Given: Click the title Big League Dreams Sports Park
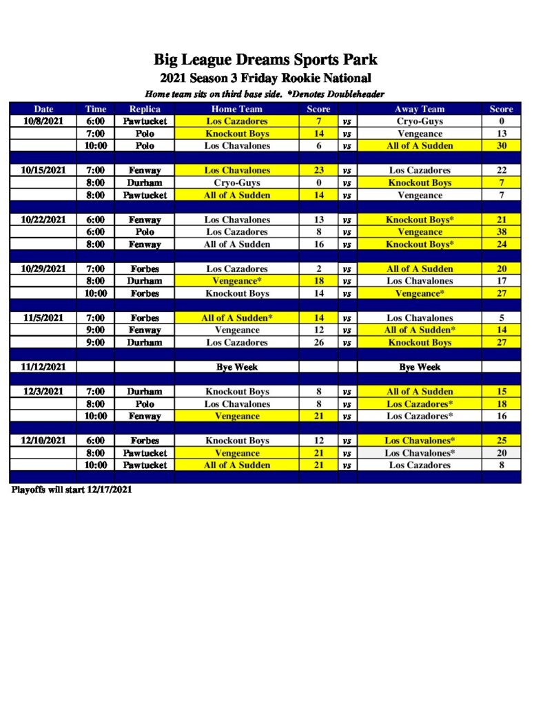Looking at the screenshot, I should pos(266,60).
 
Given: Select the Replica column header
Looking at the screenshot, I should pos(145,109).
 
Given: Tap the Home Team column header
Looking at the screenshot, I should pos(236,109).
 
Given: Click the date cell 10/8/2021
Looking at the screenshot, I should pos(43,121).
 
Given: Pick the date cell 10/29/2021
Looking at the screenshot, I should pos(43,269).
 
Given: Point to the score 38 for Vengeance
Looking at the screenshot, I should pos(501,232).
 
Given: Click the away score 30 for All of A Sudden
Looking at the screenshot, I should pos(501,146).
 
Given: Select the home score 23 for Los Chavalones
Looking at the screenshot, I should pos(318,170).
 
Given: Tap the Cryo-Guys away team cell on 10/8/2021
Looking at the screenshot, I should pos(420,121).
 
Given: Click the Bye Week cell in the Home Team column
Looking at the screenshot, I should pos(236,367).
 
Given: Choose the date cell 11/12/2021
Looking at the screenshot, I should pos(43,367).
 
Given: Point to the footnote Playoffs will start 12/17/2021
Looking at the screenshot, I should pos(72,490).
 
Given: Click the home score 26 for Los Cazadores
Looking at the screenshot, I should pos(318,342).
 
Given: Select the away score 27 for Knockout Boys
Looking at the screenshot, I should pos(501,342).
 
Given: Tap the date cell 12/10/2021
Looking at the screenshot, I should pos(43,441).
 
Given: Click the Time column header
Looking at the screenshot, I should pos(96,109).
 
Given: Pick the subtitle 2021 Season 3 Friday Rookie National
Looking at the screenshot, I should pos(266,78).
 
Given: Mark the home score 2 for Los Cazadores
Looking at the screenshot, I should pos(318,269).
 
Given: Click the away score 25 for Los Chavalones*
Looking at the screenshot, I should pos(501,441).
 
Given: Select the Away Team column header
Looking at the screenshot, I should pos(420,109).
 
